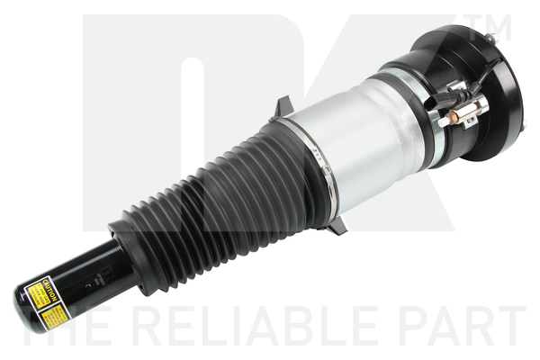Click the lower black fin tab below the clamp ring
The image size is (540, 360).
point(336,227)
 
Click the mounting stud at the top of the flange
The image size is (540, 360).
point(493,36)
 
